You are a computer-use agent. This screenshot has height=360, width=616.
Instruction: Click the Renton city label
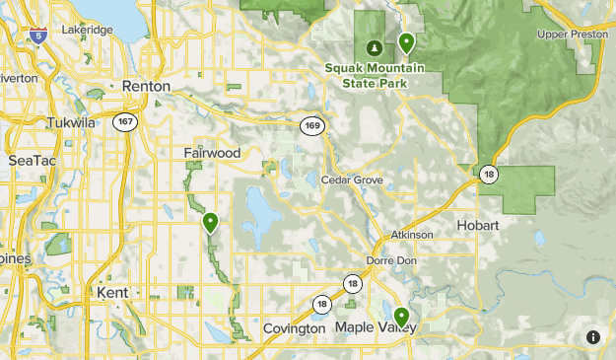[x=146, y=87]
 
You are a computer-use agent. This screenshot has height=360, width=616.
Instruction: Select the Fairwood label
[x=211, y=153]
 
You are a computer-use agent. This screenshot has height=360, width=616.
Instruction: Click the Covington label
[x=294, y=327]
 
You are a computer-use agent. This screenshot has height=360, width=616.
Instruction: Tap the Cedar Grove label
[x=352, y=180]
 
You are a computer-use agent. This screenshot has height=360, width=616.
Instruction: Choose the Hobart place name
[x=478, y=226]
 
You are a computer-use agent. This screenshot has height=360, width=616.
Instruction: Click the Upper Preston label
[x=572, y=35]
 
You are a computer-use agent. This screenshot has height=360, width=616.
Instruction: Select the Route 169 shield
[x=310, y=123]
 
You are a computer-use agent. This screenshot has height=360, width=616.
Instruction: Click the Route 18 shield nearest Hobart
[x=488, y=175]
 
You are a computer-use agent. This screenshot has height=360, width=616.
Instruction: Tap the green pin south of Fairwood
[x=210, y=223]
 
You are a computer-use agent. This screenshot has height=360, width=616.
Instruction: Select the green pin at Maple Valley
[x=401, y=317]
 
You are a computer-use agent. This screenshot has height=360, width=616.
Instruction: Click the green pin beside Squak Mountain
[x=405, y=42]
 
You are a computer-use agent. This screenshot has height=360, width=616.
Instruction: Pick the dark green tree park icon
[x=374, y=46]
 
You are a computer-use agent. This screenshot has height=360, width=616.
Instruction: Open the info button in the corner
[x=592, y=337]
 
